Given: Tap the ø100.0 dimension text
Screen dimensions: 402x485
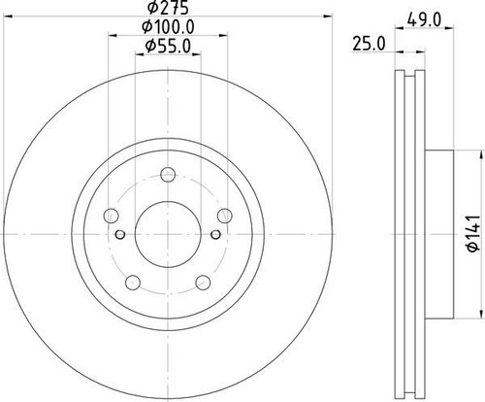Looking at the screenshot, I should click(x=166, y=26).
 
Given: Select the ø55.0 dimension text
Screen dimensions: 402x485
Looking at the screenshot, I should click(x=166, y=45).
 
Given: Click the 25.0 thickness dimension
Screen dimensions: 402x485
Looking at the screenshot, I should click(x=365, y=44).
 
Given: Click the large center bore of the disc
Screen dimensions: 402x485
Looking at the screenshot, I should click(x=165, y=231).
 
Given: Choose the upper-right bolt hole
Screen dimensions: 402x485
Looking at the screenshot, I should click(x=225, y=215).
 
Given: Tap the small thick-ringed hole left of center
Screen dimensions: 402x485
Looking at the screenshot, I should click(x=120, y=234).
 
